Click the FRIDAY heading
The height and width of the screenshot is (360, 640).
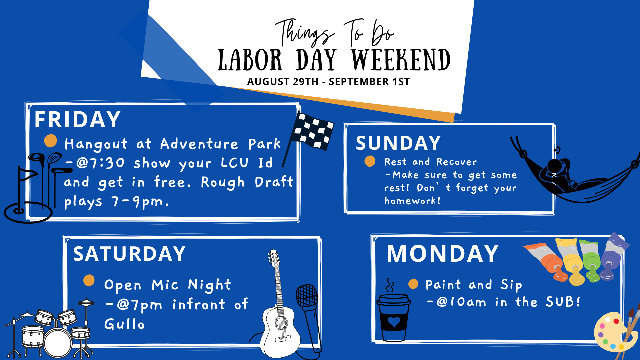tap(77, 119)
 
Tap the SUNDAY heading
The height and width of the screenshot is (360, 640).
tap(398, 143)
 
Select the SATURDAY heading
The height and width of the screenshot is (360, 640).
tap(129, 254)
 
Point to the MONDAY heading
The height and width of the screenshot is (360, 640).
tap(443, 254)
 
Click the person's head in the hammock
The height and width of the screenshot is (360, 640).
tap(555, 166)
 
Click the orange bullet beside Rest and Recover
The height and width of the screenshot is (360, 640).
tap(370, 161)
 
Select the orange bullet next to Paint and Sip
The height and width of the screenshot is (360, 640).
tap(413, 284)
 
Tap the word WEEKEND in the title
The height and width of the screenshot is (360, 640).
tap(401, 60)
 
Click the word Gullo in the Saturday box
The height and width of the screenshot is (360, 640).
tap(124, 324)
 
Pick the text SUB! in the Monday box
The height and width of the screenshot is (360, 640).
tap(563, 302)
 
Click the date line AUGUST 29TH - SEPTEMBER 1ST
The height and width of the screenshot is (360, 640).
tap(328, 82)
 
